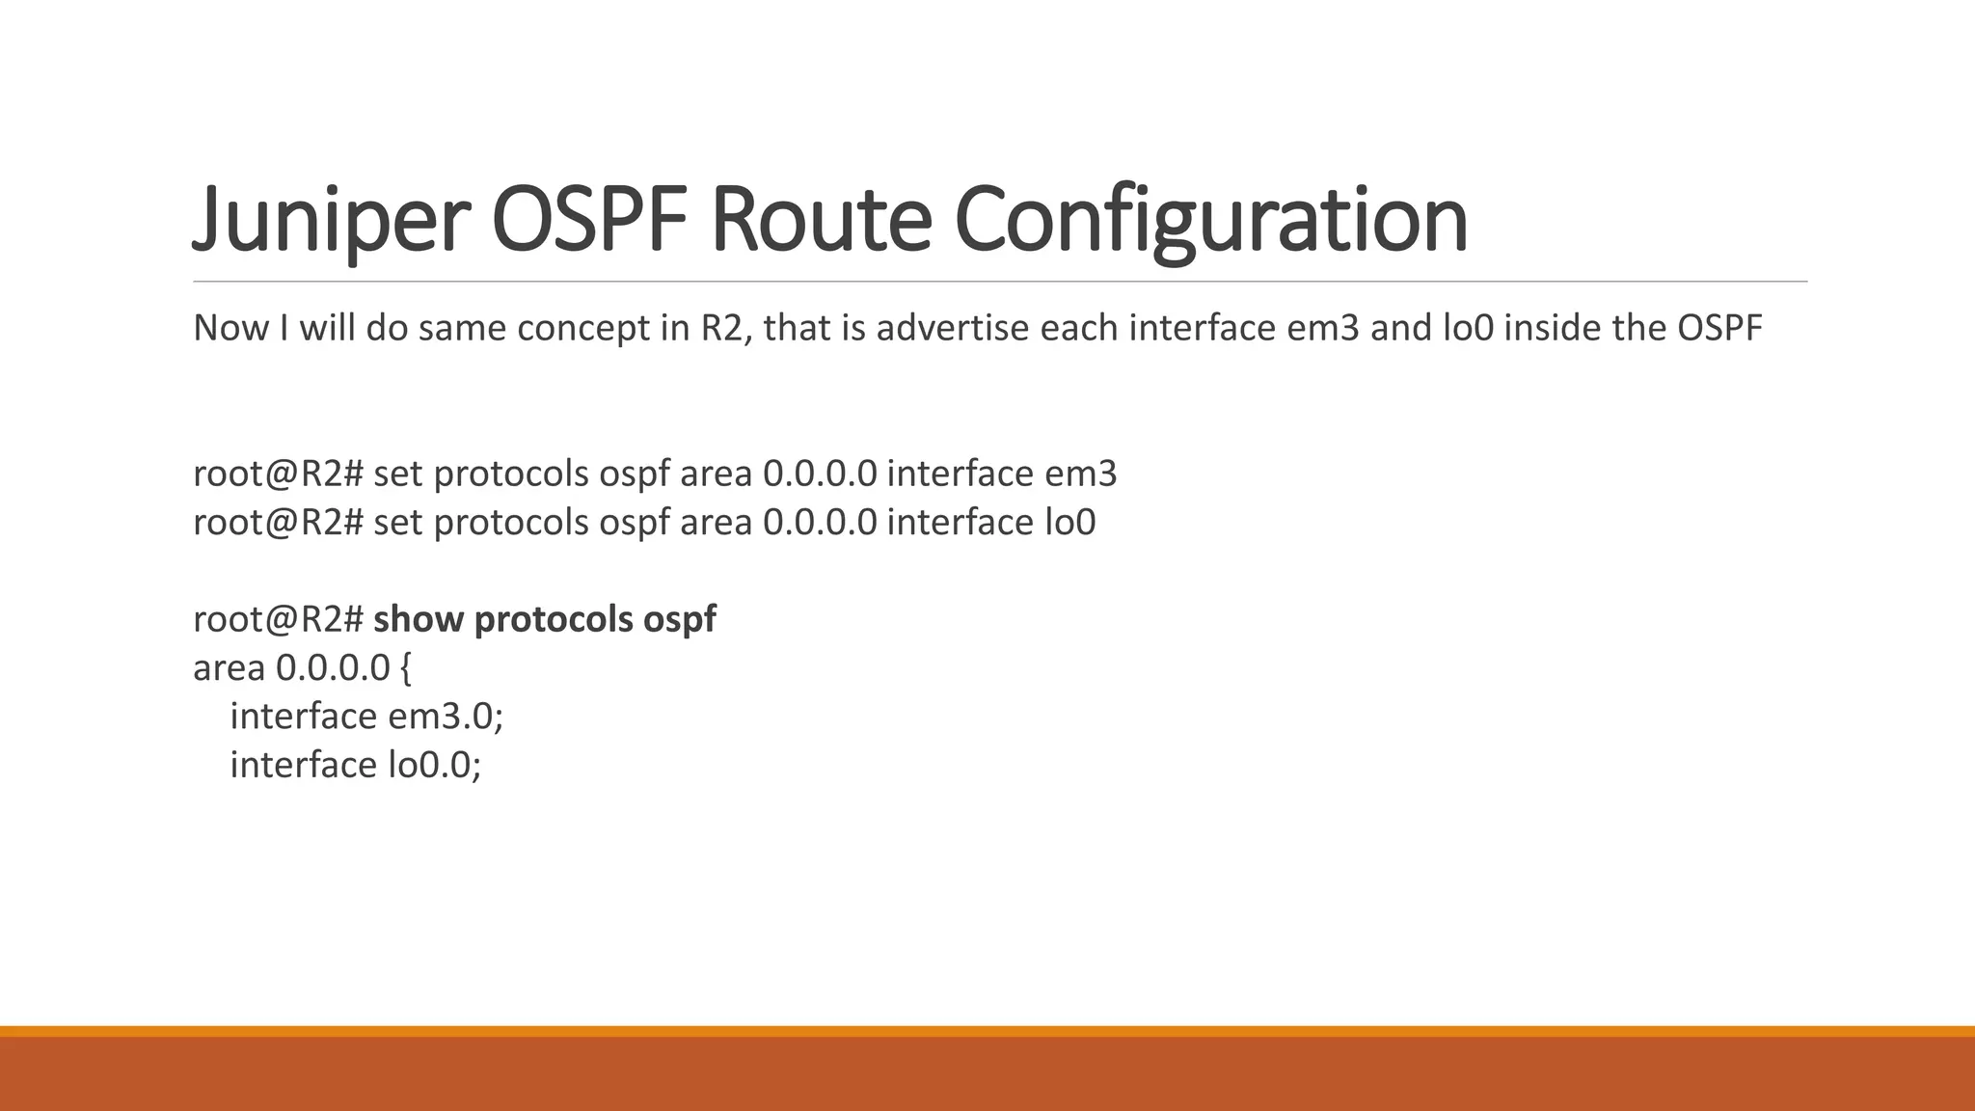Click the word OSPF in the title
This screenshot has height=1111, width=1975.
click(x=590, y=220)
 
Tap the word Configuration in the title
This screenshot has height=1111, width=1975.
click(x=1211, y=220)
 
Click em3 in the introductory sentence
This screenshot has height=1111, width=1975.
click(x=1323, y=329)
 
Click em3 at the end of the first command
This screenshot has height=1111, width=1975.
click(x=1080, y=474)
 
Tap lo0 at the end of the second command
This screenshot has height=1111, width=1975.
click(x=1070, y=523)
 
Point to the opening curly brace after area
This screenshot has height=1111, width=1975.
click(x=405, y=668)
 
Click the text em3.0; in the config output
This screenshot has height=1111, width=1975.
click(x=446, y=717)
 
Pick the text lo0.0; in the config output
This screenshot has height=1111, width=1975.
click(x=434, y=765)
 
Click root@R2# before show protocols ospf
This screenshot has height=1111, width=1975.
click(x=278, y=619)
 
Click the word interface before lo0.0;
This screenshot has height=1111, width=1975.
click(x=303, y=765)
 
